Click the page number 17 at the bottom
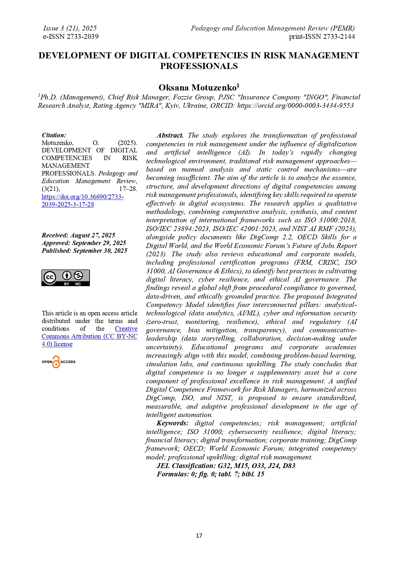(199, 535)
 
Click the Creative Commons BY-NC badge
(65, 278)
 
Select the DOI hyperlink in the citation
(82, 200)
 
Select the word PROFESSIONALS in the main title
(199, 66)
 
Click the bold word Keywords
(172, 423)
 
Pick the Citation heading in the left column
(54, 135)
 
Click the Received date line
(78, 235)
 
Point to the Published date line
(84, 251)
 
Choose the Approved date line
(84, 243)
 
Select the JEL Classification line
(226, 465)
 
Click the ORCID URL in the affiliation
(295, 106)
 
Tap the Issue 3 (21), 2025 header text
(70, 28)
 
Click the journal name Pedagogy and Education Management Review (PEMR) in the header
(273, 28)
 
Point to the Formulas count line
(210, 474)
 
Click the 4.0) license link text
(57, 344)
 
